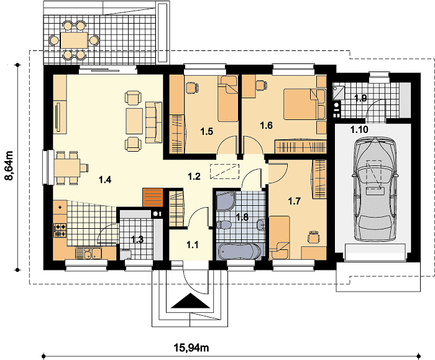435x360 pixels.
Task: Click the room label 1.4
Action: coord(105,180)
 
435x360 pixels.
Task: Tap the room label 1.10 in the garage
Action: coord(359,129)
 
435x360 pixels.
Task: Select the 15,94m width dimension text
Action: coord(191,347)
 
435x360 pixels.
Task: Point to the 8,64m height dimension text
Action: coord(9,165)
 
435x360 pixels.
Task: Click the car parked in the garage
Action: coord(375,189)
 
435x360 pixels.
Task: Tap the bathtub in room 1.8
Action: coord(239,251)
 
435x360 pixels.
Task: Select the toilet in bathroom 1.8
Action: coord(224,224)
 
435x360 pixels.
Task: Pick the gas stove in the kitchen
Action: coord(60,231)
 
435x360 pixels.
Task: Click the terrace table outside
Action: coord(74,40)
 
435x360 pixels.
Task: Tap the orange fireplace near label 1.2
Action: coord(152,197)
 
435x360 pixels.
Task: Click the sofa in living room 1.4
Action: coord(153,122)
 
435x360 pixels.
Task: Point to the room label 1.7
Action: coord(295,201)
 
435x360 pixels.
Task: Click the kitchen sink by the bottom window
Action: coord(88,253)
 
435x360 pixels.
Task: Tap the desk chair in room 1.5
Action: coord(191,88)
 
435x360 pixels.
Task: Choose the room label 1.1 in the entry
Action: coord(192,245)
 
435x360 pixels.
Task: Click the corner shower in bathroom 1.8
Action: coord(226,201)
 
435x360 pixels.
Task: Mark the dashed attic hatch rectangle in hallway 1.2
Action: coord(225,172)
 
